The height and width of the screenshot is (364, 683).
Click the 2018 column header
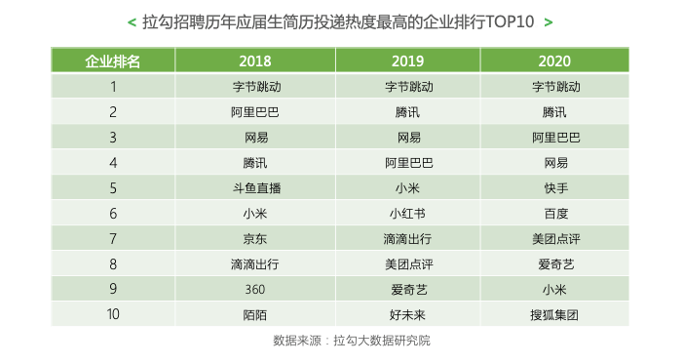[255, 61]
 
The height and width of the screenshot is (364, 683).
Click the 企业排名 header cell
[113, 61]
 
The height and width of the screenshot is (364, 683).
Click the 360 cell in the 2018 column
[255, 289]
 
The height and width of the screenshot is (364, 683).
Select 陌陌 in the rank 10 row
[255, 314]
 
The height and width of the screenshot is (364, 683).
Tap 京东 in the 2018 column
[255, 238]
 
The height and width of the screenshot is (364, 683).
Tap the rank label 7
[113, 238]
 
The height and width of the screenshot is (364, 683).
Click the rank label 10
[113, 314]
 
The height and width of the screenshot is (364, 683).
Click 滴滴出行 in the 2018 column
[255, 263]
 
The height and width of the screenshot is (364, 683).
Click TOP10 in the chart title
[510, 20]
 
